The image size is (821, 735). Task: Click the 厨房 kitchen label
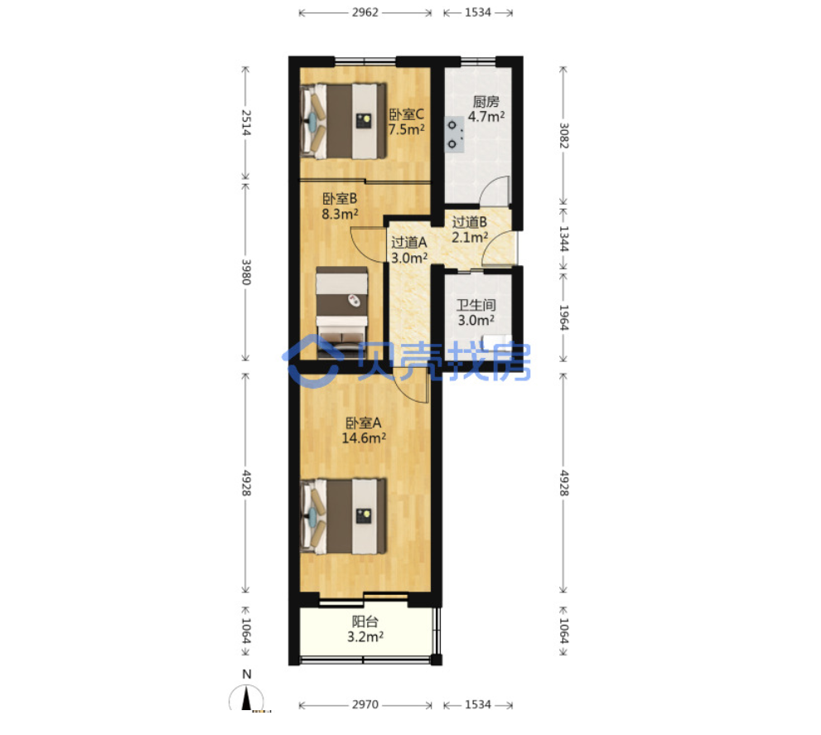click(486, 101)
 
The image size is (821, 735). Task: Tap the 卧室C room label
click(406, 114)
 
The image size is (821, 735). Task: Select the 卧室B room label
click(340, 199)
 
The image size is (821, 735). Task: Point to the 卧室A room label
click(364, 423)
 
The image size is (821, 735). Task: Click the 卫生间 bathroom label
click(476, 305)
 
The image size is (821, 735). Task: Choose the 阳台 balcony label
click(365, 621)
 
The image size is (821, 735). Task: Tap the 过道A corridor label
click(409, 243)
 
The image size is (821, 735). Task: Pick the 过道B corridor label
click(470, 222)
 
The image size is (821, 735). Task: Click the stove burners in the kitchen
click(454, 134)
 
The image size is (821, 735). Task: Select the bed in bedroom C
click(344, 121)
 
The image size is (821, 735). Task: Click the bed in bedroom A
click(344, 516)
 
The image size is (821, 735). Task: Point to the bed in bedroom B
click(342, 312)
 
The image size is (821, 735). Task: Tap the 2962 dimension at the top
click(365, 12)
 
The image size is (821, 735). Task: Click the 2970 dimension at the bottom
click(365, 704)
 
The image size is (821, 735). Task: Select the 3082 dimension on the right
click(563, 135)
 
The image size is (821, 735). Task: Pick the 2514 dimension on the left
click(246, 123)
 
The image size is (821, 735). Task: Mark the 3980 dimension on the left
click(246, 272)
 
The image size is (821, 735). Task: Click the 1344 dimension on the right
click(563, 239)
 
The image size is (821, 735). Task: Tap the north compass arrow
click(246, 699)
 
